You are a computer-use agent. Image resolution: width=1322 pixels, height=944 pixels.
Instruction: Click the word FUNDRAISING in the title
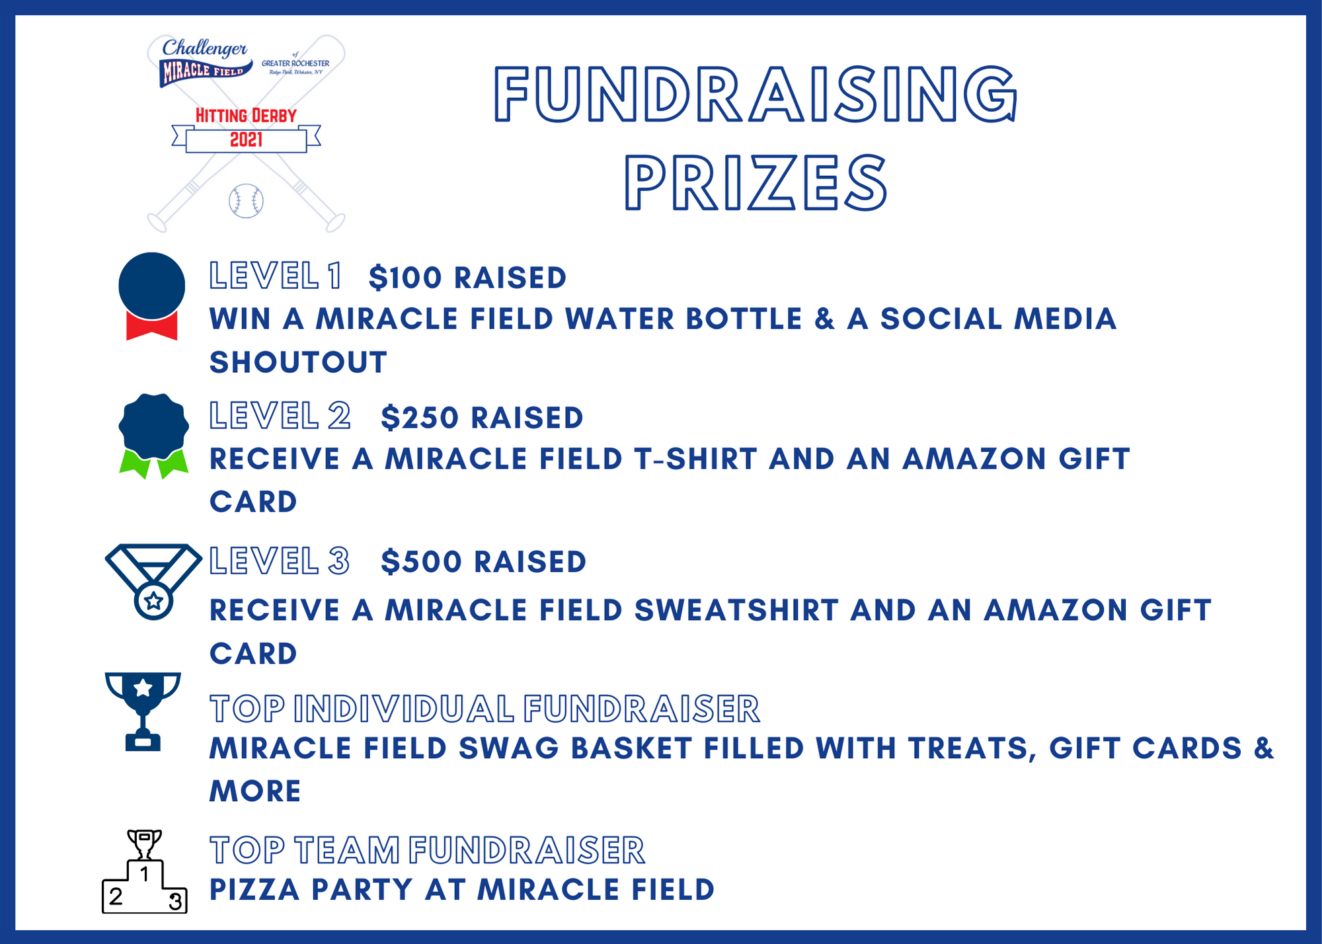(756, 95)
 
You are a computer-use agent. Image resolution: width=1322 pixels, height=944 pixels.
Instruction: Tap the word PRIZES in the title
(756, 183)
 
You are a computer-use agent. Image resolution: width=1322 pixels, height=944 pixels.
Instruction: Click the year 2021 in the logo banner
(246, 140)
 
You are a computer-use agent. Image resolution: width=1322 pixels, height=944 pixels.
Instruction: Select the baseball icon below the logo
(246, 201)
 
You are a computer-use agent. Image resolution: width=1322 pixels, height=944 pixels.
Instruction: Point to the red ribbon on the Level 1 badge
(151, 327)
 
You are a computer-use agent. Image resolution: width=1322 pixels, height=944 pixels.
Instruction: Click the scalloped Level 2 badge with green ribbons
(153, 427)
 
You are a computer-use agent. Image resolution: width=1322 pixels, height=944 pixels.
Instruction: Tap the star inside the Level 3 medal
(153, 601)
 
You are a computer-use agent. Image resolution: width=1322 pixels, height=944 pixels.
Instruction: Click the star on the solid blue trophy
(143, 688)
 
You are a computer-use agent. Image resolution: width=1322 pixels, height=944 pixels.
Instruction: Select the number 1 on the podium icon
(145, 874)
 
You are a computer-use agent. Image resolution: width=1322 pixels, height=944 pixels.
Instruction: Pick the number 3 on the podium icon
(175, 901)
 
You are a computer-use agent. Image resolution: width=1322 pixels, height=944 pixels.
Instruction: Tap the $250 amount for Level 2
(420, 418)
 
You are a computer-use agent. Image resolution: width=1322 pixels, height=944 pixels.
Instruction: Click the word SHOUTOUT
(298, 362)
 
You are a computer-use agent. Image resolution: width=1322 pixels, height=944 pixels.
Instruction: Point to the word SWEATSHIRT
(736, 610)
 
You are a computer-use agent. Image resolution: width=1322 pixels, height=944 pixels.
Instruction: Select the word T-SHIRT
(695, 459)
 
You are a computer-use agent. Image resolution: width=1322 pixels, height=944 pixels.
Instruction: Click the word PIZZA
(254, 890)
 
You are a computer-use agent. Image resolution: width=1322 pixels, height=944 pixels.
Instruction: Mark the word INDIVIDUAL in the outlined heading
(404, 709)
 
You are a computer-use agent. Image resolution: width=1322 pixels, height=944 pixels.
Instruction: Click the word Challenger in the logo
(205, 48)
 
